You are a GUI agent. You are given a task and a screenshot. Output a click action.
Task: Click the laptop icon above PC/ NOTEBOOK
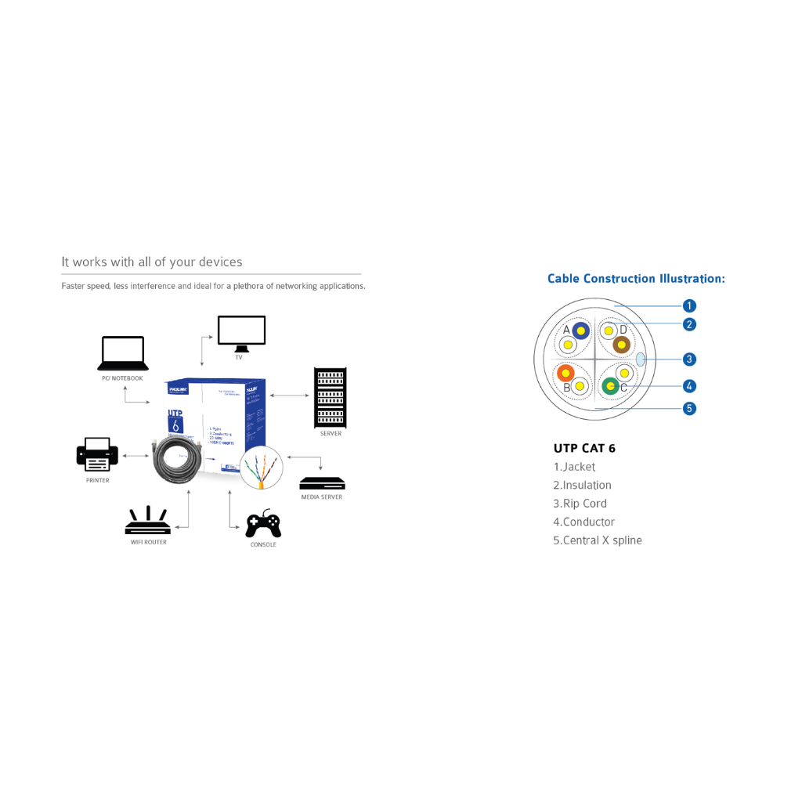click(x=123, y=353)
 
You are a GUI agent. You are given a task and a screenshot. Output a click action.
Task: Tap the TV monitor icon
click(x=241, y=333)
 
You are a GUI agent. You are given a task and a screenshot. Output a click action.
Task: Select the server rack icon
click(x=330, y=397)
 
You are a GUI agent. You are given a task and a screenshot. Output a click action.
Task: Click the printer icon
click(x=97, y=454)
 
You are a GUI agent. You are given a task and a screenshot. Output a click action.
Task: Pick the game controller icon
click(x=263, y=524)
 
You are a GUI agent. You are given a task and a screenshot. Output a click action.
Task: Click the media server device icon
click(x=322, y=483)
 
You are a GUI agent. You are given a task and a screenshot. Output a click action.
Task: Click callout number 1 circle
click(x=689, y=306)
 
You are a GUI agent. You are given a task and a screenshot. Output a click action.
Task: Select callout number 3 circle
click(x=689, y=359)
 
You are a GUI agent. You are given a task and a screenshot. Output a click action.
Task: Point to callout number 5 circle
click(x=689, y=408)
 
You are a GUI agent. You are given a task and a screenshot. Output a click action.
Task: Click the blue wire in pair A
click(x=580, y=331)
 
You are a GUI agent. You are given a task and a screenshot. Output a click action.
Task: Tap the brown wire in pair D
click(x=621, y=345)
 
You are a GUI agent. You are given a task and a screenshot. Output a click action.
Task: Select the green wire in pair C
click(x=610, y=385)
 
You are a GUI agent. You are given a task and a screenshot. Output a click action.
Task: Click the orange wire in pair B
click(x=565, y=373)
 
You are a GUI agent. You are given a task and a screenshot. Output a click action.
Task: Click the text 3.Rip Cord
click(x=580, y=504)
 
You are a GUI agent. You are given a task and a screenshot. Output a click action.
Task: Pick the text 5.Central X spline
click(x=597, y=540)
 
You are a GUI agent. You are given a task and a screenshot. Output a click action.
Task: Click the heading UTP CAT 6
click(x=584, y=449)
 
